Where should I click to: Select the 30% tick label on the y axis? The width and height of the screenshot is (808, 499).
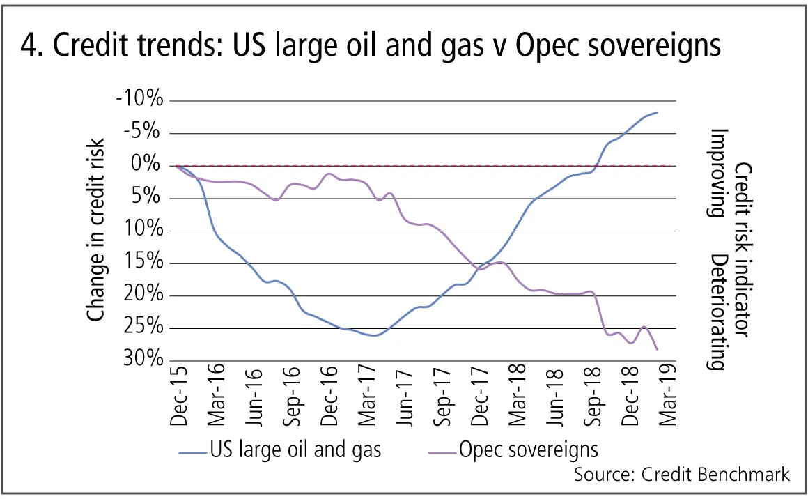click(144, 360)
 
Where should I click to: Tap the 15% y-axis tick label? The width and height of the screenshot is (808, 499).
click(144, 263)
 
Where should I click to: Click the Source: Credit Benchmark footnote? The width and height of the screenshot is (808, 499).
click(682, 475)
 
